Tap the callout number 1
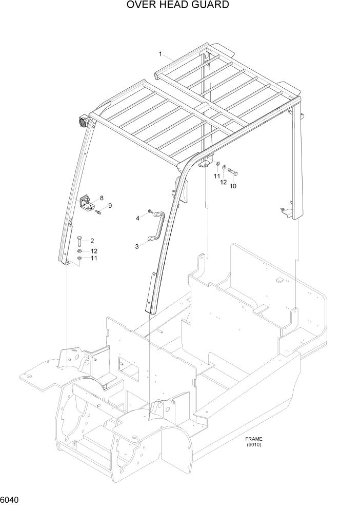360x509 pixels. click(x=161, y=54)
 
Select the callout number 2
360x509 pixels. click(x=92, y=241)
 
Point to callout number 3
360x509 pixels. click(x=137, y=246)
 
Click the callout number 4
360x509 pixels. click(x=137, y=219)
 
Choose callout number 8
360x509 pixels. click(x=102, y=198)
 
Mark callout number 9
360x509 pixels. click(x=109, y=206)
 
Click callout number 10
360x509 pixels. click(x=233, y=186)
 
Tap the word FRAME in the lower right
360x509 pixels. click(x=253, y=439)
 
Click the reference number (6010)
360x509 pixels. click(x=253, y=445)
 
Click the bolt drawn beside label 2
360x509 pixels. click(x=79, y=240)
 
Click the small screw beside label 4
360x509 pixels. click(x=149, y=211)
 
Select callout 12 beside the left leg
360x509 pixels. click(x=94, y=251)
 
